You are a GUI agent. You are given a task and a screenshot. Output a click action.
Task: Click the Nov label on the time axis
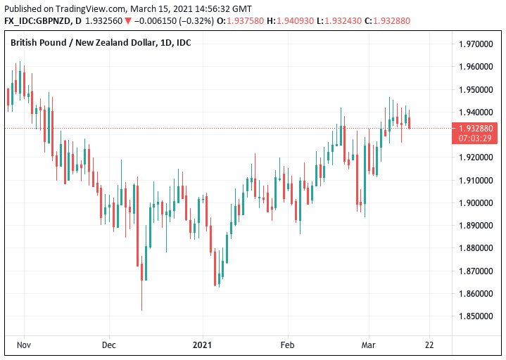24,345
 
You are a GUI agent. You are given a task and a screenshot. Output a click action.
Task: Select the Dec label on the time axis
108,345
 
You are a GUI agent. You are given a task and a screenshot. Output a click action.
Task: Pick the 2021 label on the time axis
202,345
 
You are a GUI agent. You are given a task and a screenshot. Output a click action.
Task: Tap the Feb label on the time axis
287,345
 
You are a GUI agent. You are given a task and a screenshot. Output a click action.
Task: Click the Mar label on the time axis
368,345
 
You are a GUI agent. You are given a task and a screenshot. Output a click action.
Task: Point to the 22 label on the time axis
429,345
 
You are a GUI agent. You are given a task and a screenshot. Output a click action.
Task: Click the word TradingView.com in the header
89,8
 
